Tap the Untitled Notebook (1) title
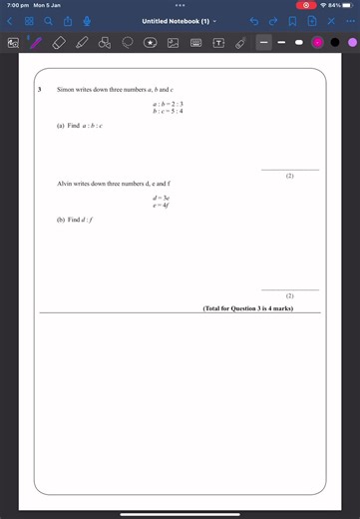tap(177, 21)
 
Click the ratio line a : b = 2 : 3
tap(169, 104)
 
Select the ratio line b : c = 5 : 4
tap(169, 111)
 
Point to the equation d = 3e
tap(162, 199)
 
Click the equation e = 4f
tap(162, 206)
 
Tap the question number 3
tap(39, 90)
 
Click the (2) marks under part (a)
tap(289, 176)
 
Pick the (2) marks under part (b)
tap(289, 296)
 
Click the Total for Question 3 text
tap(247, 308)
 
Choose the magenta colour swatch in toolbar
tap(317, 43)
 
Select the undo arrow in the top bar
tap(254, 21)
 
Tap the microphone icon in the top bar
tap(88, 21)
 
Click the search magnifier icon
tap(49, 21)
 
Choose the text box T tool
tap(217, 43)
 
